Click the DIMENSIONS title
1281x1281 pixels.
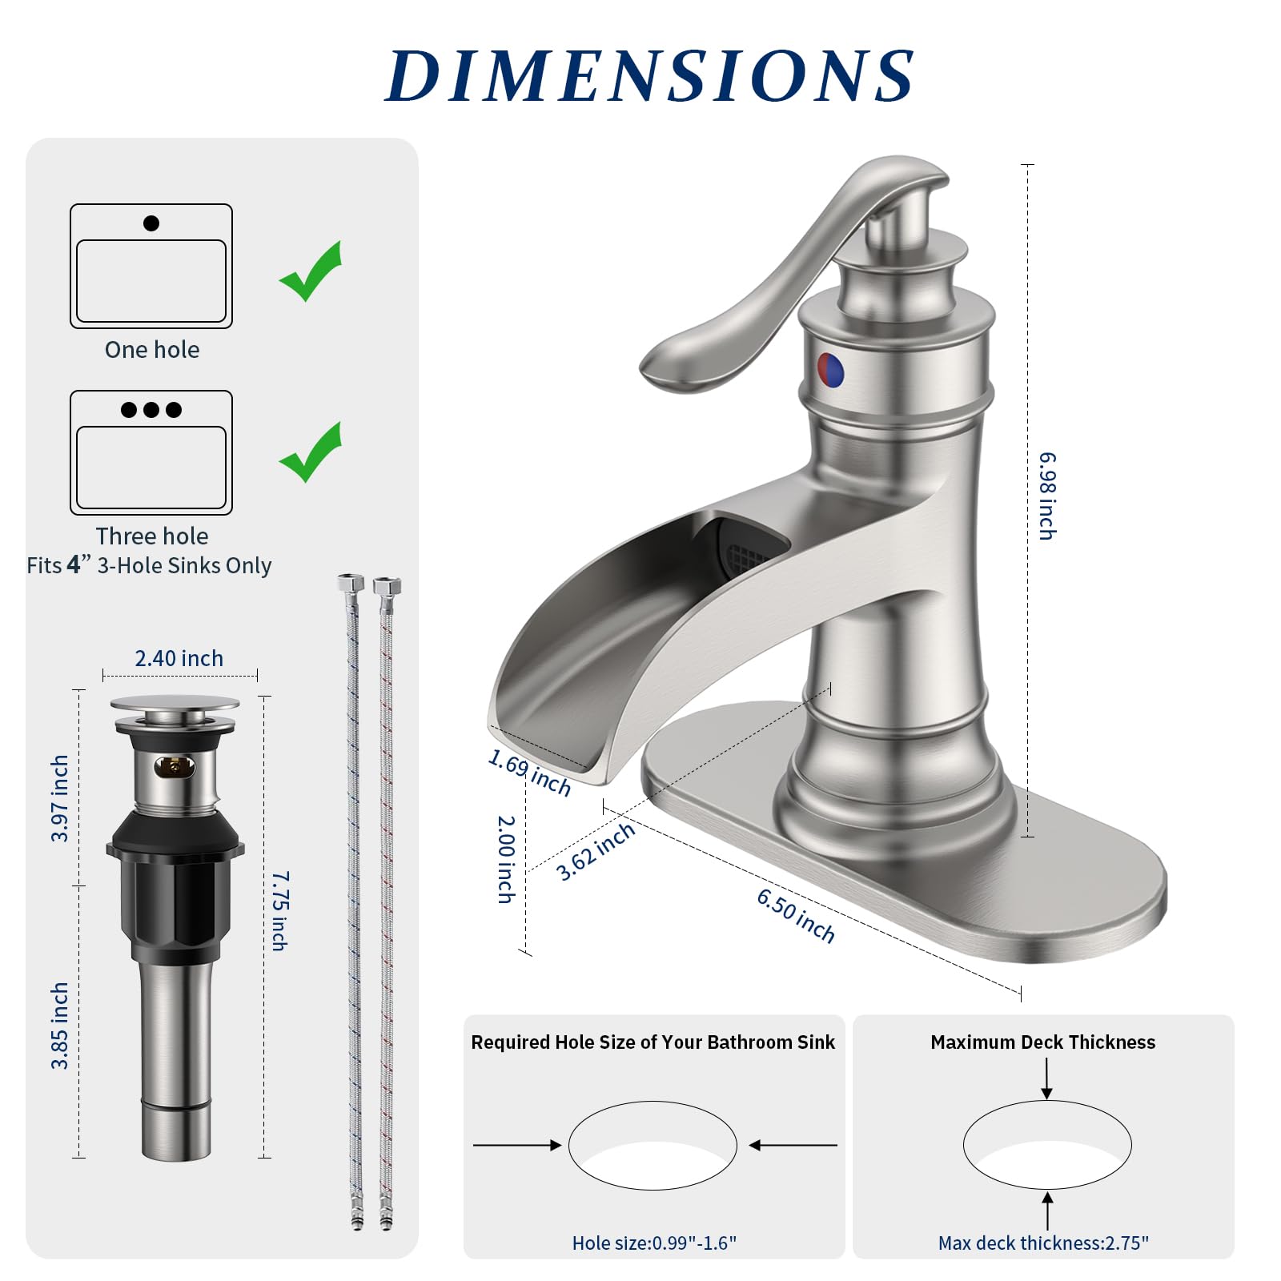click(649, 76)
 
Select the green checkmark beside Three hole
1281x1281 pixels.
click(311, 453)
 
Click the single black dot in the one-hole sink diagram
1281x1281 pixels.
click(151, 223)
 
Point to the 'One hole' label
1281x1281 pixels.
click(152, 350)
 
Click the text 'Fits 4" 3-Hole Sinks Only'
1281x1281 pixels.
click(150, 565)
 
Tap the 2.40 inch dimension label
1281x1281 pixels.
click(179, 658)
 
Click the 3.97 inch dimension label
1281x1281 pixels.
click(60, 798)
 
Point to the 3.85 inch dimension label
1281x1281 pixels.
click(60, 1026)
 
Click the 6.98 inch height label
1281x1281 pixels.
click(1047, 496)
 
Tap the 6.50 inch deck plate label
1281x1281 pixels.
click(796, 916)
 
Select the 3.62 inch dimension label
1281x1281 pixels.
click(596, 852)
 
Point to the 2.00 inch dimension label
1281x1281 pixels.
click(505, 859)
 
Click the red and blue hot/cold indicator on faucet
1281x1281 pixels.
click(830, 371)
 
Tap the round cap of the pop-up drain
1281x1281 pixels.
click(175, 704)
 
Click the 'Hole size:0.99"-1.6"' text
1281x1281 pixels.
click(654, 1243)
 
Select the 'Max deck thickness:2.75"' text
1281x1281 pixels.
click(1043, 1243)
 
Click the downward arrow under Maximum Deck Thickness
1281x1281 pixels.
click(1046, 1079)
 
